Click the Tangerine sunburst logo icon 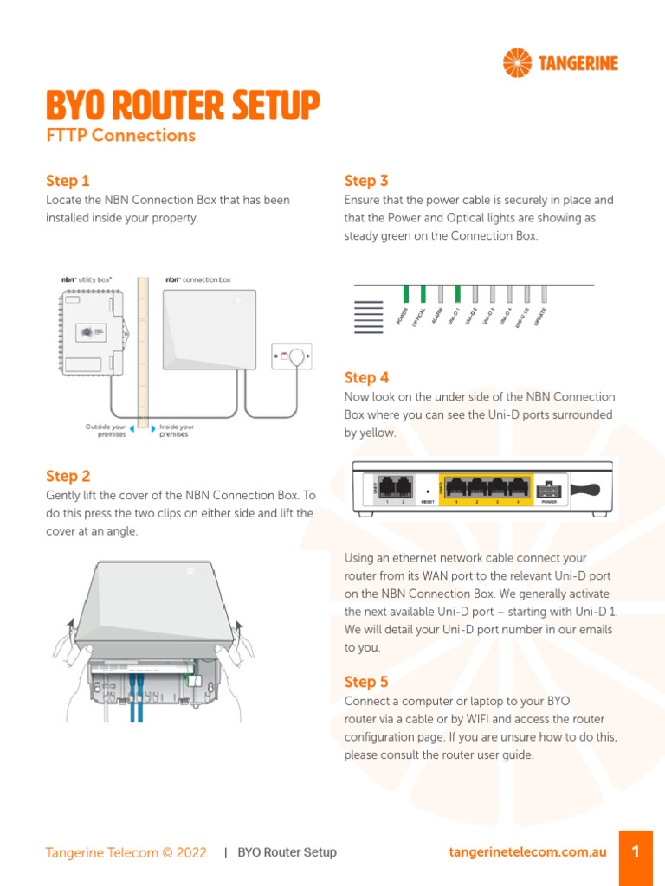click(x=519, y=63)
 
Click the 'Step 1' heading click(x=68, y=181)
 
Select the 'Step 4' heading click(x=366, y=378)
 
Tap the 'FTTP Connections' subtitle click(x=120, y=136)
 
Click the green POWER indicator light click(x=405, y=294)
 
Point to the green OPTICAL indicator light click(x=423, y=294)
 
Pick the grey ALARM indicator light click(x=440, y=294)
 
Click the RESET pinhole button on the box click(x=427, y=488)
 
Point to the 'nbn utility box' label click(x=87, y=280)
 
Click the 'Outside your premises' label click(x=105, y=430)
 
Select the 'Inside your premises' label click(x=177, y=430)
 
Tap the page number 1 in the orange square click(x=636, y=852)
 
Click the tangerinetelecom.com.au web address click(x=527, y=852)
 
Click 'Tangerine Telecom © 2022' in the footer click(x=126, y=852)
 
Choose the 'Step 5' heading click(x=366, y=682)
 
